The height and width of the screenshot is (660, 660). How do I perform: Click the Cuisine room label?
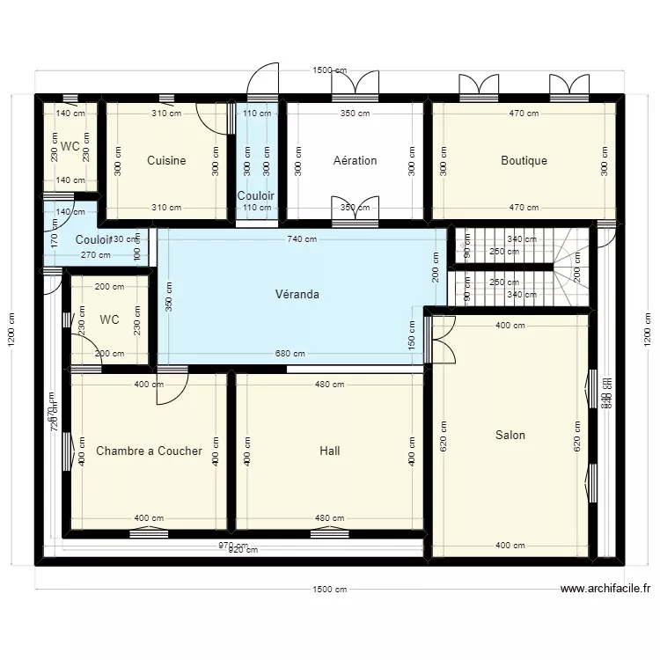pyautogui.click(x=166, y=161)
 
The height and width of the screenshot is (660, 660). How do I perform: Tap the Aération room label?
pyautogui.click(x=355, y=161)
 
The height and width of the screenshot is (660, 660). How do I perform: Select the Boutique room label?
pyautogui.click(x=524, y=161)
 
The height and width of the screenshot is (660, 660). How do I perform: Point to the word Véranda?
pyautogui.click(x=297, y=295)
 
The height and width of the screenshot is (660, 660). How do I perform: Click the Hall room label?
pyautogui.click(x=329, y=451)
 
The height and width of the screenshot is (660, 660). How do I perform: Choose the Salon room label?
pyautogui.click(x=510, y=435)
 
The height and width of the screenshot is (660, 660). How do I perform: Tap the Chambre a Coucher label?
pyautogui.click(x=149, y=451)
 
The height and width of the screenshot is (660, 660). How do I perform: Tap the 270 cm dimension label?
pyautogui.click(x=95, y=255)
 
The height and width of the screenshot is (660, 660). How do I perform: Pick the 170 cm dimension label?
pyautogui.click(x=55, y=239)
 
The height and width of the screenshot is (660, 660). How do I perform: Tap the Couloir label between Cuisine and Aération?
pyautogui.click(x=256, y=195)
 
